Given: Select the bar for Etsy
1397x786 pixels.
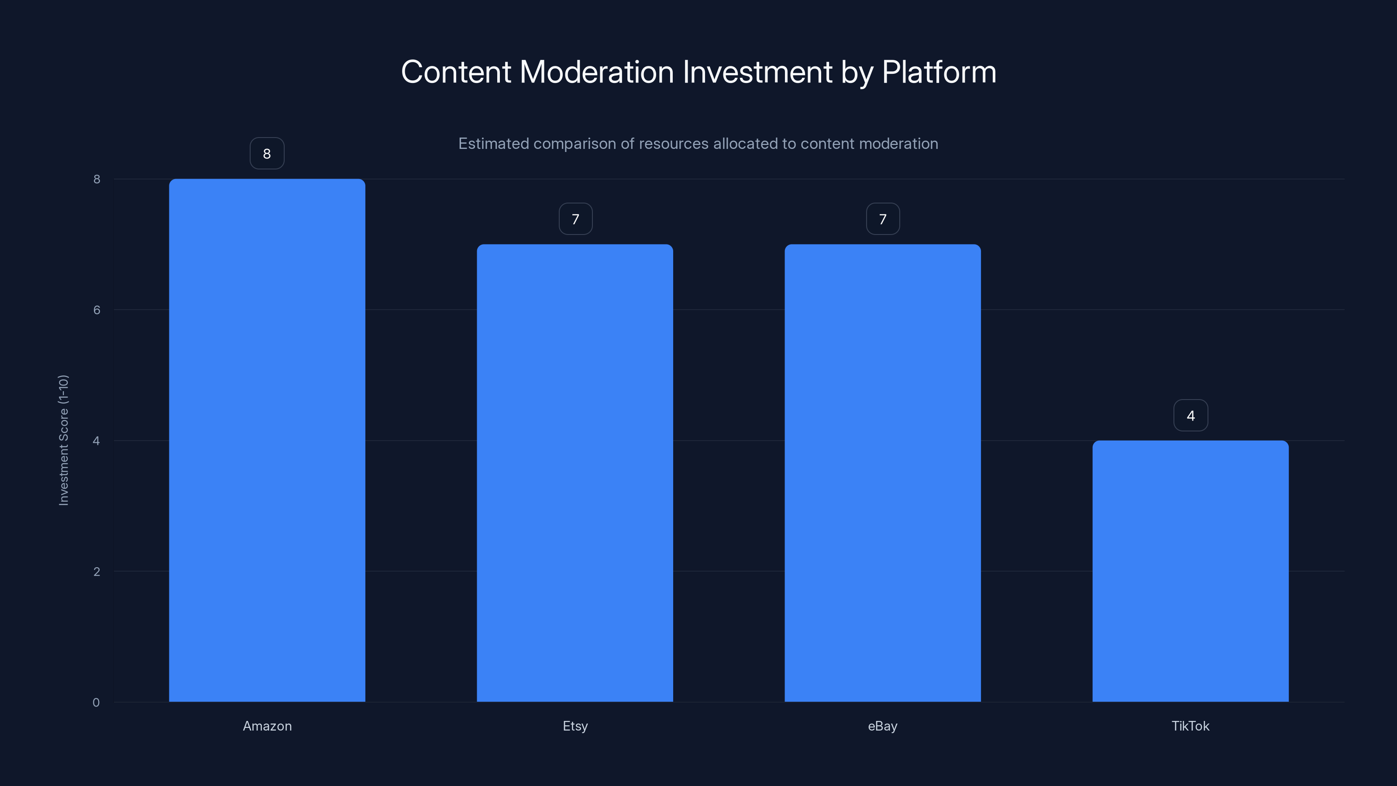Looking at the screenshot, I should point(575,472).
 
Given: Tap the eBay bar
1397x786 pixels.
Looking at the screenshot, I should point(882,472).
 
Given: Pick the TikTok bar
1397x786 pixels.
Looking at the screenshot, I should point(1191,571).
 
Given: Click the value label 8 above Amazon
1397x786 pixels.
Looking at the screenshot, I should point(267,154).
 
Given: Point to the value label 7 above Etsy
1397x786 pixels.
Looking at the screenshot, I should point(575,219).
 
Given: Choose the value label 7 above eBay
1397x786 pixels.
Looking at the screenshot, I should point(883,219).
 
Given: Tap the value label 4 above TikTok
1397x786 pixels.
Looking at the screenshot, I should point(1191,416).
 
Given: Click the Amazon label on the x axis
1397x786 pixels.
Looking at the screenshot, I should point(267,726).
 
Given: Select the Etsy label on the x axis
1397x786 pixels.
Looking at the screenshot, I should point(575,726).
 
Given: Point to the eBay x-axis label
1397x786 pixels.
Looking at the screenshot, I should point(883,726).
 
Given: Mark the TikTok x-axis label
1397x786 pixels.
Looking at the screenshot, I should point(1191,726).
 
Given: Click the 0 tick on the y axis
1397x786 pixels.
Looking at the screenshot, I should point(96,703).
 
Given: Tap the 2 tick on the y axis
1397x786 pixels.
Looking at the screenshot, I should point(96,571).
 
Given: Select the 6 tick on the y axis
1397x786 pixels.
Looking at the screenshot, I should point(96,310).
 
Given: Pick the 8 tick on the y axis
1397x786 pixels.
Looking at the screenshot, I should point(96,179).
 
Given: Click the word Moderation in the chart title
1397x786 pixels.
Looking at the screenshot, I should point(596,72).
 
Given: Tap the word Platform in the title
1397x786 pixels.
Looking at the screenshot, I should point(939,72).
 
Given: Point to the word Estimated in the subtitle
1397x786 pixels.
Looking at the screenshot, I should point(493,144).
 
